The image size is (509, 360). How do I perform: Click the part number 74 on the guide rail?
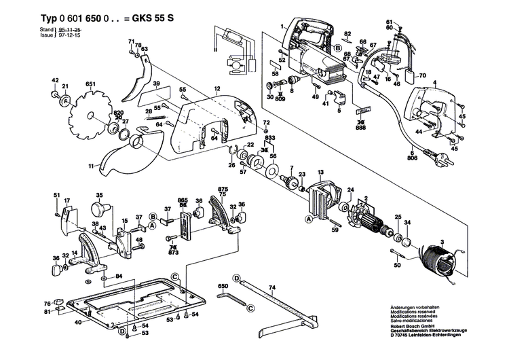click(272, 289)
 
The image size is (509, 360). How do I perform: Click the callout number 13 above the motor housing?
click(320, 173)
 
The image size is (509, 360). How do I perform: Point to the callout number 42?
click(55, 81)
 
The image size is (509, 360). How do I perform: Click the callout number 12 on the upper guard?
click(218, 89)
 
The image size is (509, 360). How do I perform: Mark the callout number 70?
click(421, 76)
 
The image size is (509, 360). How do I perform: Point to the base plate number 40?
click(78, 322)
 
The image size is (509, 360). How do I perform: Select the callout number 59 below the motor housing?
click(335, 230)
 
